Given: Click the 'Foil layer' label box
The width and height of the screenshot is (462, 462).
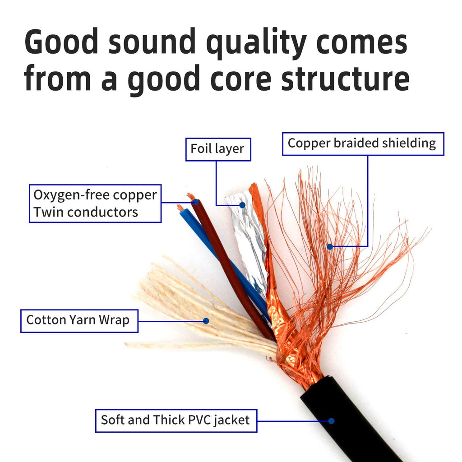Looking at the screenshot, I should click(x=217, y=149).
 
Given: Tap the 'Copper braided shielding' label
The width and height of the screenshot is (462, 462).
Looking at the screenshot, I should click(x=363, y=143).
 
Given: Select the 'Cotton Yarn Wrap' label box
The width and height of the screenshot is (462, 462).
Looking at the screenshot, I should click(x=79, y=320).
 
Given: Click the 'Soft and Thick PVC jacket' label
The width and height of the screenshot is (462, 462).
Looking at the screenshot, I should click(x=176, y=420).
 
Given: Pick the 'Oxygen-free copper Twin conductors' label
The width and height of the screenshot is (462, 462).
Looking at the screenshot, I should click(x=95, y=203).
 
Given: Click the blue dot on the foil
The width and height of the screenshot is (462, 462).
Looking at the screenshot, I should click(x=242, y=205).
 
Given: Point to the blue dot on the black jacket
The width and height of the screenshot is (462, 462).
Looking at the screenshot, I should click(x=331, y=421).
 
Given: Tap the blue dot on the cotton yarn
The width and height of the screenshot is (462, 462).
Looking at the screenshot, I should click(x=206, y=321).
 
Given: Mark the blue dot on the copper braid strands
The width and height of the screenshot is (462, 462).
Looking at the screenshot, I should click(x=330, y=247).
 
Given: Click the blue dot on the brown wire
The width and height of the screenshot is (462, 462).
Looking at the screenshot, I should click(x=195, y=203).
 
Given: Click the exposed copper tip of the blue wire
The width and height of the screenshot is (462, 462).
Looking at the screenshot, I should click(x=180, y=208).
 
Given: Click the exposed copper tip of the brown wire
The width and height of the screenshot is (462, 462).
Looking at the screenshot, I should click(x=191, y=196).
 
